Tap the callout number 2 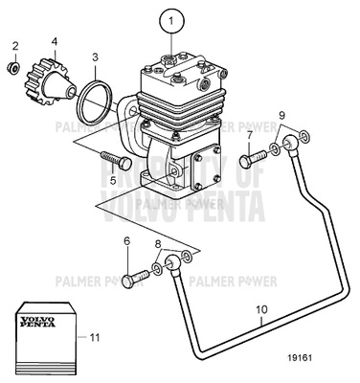click(14, 45)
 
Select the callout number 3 click(95, 58)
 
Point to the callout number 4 click(54, 41)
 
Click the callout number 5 click(113, 178)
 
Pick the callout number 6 click(125, 241)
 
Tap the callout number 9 click(281, 116)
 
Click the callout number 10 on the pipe click(260, 309)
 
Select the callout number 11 click(93, 337)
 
